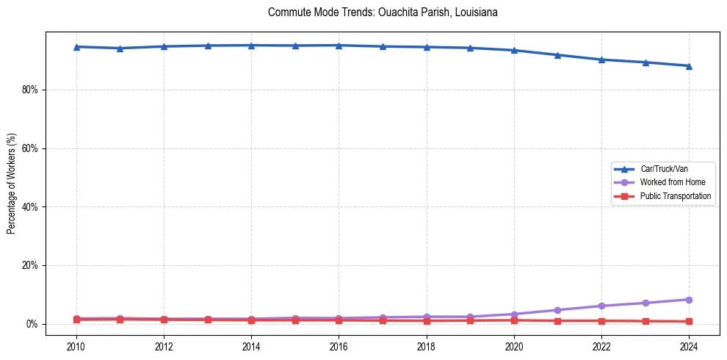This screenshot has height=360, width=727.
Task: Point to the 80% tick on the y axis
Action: pos(32,90)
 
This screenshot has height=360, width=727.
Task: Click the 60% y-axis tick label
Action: pos(32,148)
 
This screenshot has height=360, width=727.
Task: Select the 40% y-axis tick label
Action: pos(32,207)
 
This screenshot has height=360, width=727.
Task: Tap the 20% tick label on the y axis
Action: pos(32,265)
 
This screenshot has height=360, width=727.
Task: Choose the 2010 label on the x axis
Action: pos(76,345)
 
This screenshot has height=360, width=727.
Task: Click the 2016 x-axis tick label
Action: pos(339,345)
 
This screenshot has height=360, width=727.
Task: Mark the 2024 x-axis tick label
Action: pos(689,345)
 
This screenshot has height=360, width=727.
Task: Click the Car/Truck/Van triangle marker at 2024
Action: pos(689,66)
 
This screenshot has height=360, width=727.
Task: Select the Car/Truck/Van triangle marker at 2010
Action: pos(76,47)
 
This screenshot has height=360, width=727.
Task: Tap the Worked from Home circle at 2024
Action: pos(689,300)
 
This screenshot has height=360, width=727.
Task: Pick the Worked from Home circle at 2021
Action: pos(557,310)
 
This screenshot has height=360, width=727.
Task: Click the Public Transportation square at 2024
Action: pos(689,322)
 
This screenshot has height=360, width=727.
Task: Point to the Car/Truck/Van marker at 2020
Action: pos(514,50)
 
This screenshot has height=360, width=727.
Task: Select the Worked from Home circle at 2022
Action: pos(601,306)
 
